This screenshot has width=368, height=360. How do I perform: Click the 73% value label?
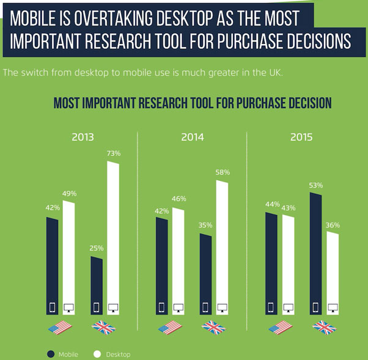[114, 153]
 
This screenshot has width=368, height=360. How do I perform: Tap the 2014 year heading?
[193, 137]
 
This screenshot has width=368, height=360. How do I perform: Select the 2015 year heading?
[301, 137]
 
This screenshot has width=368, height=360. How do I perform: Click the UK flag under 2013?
[103, 328]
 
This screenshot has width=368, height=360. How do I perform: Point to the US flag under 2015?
[281, 328]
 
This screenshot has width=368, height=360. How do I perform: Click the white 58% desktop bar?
[222, 248]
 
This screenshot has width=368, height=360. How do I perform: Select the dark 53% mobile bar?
[315, 254]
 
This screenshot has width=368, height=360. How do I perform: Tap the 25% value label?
[97, 248]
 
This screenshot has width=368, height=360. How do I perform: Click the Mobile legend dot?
[51, 354]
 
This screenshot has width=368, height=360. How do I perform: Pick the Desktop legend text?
[118, 354]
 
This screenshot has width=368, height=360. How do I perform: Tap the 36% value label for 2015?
[333, 226]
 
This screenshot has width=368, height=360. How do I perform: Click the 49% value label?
[69, 194]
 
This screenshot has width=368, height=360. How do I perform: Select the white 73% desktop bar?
[113, 238]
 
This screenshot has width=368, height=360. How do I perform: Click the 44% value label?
[273, 204]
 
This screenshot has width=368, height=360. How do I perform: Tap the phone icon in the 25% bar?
[97, 307]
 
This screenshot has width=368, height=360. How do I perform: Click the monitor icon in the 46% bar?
[178, 307]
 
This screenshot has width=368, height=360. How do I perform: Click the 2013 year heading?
[83, 137]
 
